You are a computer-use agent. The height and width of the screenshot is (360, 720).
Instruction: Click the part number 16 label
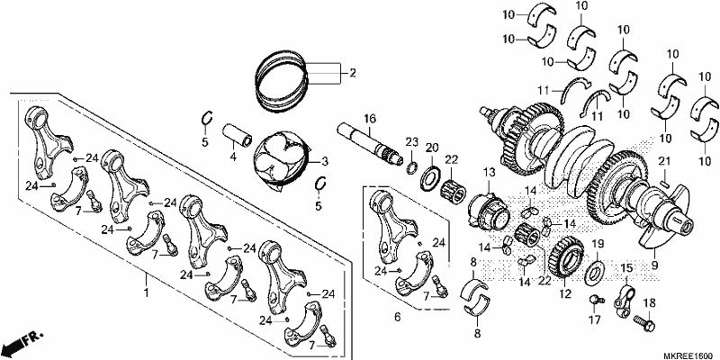370,119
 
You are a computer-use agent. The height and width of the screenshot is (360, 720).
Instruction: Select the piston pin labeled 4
237,135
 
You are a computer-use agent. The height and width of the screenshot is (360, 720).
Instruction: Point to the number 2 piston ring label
352,73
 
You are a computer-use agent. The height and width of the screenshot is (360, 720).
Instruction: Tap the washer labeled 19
595,271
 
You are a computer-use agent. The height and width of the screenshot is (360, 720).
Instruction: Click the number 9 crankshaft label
654,265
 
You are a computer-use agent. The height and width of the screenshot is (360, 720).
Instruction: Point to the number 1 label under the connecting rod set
146,292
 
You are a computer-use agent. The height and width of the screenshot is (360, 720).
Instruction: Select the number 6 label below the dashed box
398,317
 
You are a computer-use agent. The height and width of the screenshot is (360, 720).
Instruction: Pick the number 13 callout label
490,172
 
